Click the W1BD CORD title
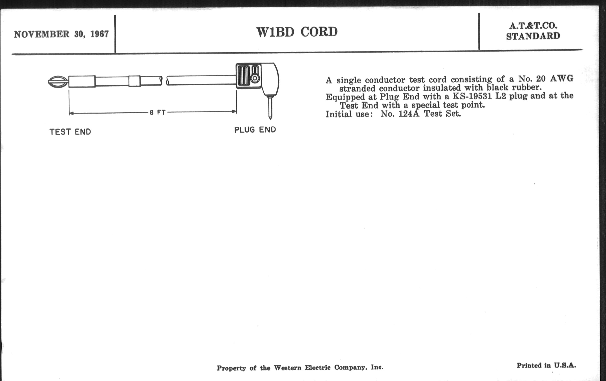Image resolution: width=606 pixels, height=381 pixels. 297,32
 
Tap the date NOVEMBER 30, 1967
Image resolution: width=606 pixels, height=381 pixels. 61,34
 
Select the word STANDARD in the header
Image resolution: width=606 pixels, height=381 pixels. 533,36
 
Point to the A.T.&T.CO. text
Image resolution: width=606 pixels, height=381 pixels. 533,26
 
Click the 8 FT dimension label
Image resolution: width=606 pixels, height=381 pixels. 157,112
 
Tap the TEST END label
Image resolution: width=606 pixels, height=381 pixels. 70,132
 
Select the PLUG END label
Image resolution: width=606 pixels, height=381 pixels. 255,130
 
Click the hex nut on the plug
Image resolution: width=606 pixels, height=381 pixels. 255,78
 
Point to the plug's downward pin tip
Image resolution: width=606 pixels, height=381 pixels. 270,119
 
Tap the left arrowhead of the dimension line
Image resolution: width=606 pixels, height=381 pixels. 71,113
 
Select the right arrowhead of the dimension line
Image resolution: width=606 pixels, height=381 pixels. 234,111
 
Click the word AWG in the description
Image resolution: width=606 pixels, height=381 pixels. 561,79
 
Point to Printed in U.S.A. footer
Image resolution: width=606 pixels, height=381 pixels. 546,365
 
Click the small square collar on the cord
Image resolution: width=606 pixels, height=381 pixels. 134,81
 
